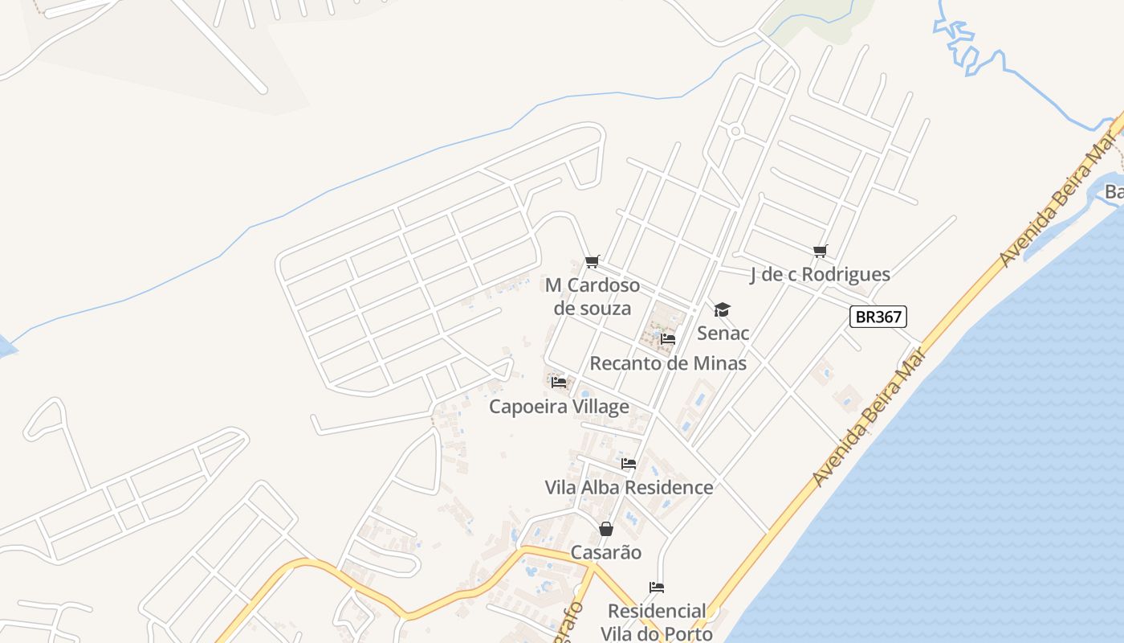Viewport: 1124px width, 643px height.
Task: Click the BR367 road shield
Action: (878, 317)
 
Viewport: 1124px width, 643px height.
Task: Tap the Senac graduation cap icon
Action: (722, 310)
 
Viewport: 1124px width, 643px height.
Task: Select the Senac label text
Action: (723, 333)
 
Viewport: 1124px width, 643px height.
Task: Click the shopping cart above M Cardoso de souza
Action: (593, 261)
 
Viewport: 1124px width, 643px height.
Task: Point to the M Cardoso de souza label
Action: (593, 297)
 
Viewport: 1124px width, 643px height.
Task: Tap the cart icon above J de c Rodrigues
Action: (820, 252)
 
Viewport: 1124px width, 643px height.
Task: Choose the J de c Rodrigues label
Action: (820, 274)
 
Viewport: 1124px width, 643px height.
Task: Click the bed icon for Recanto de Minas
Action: (668, 339)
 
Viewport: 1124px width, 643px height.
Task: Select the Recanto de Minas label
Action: (668, 363)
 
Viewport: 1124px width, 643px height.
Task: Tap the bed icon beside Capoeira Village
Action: (559, 383)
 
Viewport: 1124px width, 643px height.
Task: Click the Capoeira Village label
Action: (559, 407)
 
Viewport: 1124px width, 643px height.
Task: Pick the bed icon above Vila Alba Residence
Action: (629, 464)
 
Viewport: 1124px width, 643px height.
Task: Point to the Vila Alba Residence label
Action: (629, 487)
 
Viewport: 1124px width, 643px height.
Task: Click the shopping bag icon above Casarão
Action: (606, 529)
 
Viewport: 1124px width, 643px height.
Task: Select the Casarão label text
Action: (606, 552)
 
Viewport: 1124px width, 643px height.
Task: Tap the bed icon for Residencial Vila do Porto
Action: (657, 588)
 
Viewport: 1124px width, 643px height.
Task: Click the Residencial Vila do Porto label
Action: (657, 622)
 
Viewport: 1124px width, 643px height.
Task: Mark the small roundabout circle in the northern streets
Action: (735, 132)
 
